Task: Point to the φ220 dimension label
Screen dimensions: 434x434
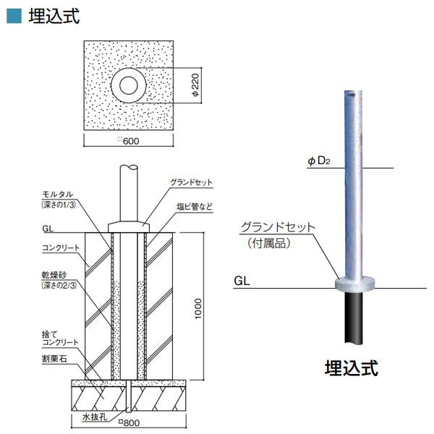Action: click(196, 86)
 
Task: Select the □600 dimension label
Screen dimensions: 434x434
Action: click(128, 141)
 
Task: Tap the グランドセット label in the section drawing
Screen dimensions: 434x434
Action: click(191, 183)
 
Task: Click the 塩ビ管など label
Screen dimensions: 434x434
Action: click(195, 206)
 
